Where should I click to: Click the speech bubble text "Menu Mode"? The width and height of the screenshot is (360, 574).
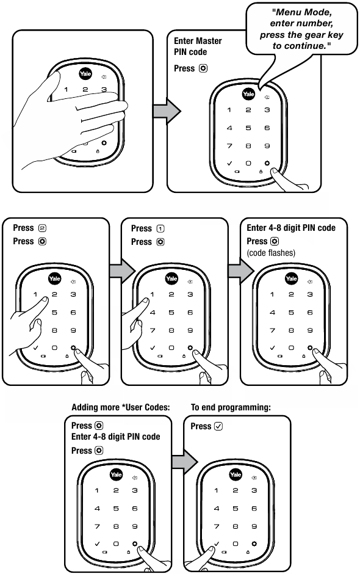(302, 12)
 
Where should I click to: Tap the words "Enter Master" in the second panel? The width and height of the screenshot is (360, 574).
(198, 41)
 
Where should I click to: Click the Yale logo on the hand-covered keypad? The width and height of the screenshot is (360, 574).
(85, 73)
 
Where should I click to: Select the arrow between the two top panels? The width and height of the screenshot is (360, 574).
(167, 111)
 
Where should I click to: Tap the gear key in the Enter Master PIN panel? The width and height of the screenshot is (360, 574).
(267, 163)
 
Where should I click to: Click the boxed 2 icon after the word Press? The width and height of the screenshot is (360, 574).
(43, 228)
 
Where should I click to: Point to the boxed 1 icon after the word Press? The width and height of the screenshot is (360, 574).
(160, 228)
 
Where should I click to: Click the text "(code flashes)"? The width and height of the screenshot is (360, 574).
(271, 253)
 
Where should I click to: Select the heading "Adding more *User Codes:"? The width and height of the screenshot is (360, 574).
(121, 407)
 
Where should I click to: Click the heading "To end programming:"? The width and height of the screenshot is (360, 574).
(231, 407)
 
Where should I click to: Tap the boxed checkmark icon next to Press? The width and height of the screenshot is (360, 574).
(218, 426)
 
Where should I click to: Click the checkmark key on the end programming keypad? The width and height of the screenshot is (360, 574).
(216, 544)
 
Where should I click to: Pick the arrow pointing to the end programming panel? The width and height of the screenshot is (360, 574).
(185, 462)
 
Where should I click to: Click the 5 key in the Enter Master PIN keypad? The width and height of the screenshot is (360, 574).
(248, 128)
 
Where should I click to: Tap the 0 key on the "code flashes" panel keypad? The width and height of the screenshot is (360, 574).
(291, 348)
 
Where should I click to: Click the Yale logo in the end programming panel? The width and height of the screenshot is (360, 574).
(236, 474)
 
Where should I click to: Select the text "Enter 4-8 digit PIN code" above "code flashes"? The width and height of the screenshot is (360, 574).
(291, 228)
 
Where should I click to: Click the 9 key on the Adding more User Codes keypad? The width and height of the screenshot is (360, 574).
(135, 526)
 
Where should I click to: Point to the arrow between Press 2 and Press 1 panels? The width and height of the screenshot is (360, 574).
(122, 271)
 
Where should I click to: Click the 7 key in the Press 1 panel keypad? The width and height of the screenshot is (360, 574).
(153, 330)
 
